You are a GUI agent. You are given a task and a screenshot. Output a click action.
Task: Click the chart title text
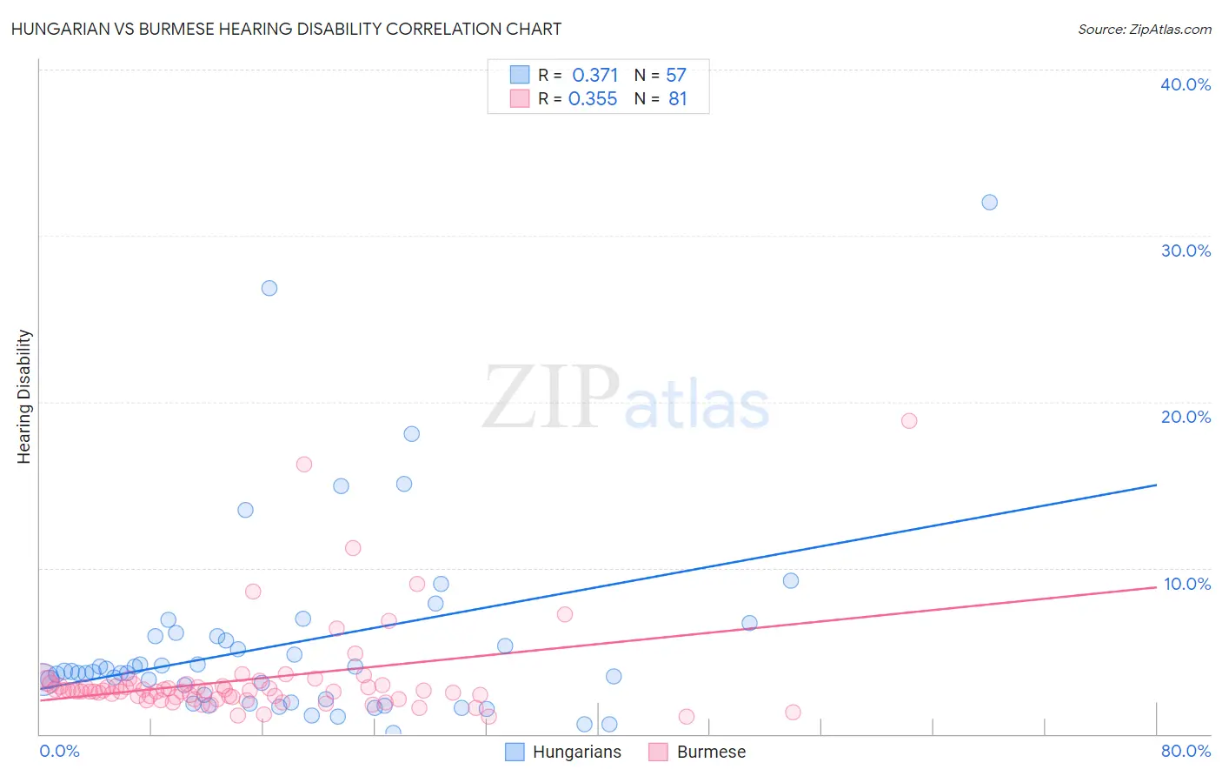point(286,29)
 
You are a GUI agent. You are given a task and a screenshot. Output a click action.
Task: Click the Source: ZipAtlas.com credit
point(1144,29)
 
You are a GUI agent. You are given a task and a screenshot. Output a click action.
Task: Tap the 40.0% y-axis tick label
point(1185,84)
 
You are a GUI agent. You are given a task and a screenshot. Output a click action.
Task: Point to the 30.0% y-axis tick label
point(1185,251)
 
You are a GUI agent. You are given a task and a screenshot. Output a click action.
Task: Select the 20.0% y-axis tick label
point(1185,417)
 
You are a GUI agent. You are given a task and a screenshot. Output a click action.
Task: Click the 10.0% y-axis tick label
point(1186,584)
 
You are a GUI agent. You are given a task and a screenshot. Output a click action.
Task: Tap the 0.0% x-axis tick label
point(59,751)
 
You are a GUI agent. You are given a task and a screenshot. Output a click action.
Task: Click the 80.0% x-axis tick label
point(1185,751)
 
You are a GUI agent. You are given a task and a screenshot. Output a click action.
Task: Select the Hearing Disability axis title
point(24,397)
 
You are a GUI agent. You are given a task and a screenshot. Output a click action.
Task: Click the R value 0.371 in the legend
point(594,76)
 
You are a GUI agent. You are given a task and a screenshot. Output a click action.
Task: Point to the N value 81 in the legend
point(678,99)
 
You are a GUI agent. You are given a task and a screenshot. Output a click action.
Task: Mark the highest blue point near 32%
point(989,202)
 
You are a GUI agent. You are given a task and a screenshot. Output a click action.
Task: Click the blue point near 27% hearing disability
point(269,288)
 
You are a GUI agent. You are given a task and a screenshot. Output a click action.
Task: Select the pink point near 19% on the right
point(909,421)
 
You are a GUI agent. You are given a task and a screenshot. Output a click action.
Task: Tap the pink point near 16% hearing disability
point(304,465)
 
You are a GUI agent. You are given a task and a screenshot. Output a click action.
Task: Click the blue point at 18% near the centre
point(412,434)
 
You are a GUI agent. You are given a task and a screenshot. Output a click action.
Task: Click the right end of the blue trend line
point(1156,485)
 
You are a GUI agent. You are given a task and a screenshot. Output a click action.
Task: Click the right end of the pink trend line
point(1156,586)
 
